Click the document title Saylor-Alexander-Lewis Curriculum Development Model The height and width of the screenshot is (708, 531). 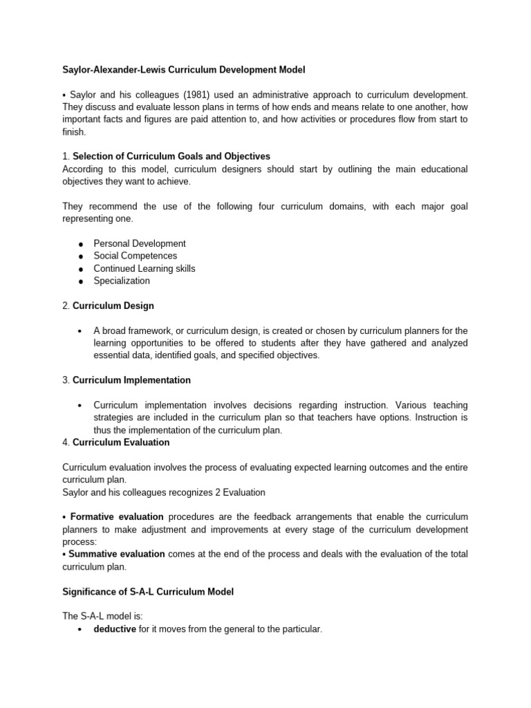pyautogui.click(x=183, y=70)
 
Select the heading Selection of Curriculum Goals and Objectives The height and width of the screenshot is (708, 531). pyautogui.click(x=171, y=156)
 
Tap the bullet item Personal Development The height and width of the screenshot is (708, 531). pyautogui.click(x=140, y=243)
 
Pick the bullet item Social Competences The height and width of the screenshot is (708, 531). pyautogui.click(x=136, y=256)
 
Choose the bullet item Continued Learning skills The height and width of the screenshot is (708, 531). pyautogui.click(x=145, y=268)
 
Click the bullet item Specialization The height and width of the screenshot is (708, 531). pyautogui.click(x=122, y=281)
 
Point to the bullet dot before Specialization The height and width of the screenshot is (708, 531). pyautogui.click(x=81, y=281)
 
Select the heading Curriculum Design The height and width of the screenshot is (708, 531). pyautogui.click(x=113, y=306)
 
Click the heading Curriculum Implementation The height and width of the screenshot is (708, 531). pyautogui.click(x=131, y=380)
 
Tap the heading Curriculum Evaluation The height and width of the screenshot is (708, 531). pyautogui.click(x=121, y=442)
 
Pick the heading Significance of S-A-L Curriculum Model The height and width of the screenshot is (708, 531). pyautogui.click(x=148, y=591)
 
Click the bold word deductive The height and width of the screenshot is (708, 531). pyautogui.click(x=115, y=629)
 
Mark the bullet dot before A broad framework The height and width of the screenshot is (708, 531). pyautogui.click(x=81, y=331)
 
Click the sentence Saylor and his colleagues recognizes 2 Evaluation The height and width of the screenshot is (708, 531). pyautogui.click(x=163, y=492)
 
